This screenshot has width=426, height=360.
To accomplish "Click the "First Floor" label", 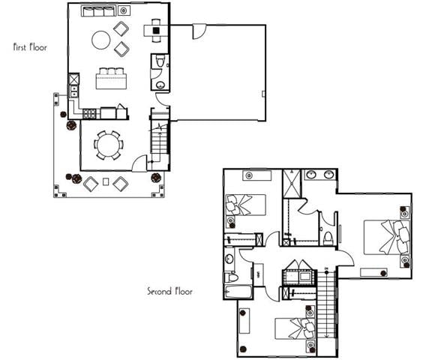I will (31, 47).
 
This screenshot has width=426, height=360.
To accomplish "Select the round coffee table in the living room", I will (100, 40).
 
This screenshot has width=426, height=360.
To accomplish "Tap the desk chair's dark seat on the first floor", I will (157, 31).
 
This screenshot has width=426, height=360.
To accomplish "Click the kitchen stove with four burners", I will (89, 114).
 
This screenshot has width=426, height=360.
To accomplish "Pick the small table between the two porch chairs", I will (106, 182).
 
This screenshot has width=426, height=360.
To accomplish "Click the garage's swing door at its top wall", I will (199, 31).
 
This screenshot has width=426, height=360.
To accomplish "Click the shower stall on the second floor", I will (291, 183).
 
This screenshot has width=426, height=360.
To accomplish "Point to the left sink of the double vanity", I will (310, 175).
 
